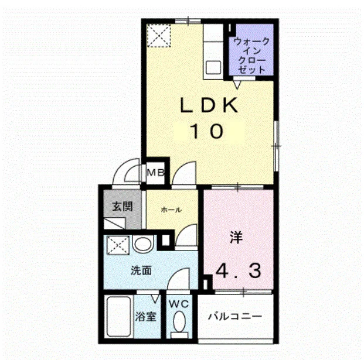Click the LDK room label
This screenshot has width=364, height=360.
pyautogui.click(x=209, y=105)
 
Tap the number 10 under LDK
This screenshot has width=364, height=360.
pyautogui.click(x=206, y=132)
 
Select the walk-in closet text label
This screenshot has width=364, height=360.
pyautogui.click(x=251, y=56)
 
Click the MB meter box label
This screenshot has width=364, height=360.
pyautogui.click(x=156, y=172)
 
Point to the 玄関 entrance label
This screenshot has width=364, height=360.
pyautogui.click(x=123, y=206)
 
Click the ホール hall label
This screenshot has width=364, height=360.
pyautogui.click(x=171, y=210)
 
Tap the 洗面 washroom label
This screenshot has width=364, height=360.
pyautogui.click(x=141, y=270)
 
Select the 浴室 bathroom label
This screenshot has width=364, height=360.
pyautogui.click(x=145, y=317)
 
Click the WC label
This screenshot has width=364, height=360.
pyautogui.click(x=179, y=304)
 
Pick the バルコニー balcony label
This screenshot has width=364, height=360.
pyautogui.click(x=235, y=316)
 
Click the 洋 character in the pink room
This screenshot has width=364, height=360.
pyautogui.click(x=236, y=237)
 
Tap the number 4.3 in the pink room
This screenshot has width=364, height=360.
pyautogui.click(x=238, y=271)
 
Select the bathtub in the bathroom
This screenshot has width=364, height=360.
pyautogui.click(x=118, y=316)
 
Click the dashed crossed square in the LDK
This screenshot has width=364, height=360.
pyautogui.click(x=159, y=36)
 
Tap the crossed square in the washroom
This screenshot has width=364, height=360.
pyautogui.click(x=117, y=245)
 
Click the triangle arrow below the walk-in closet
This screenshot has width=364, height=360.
pyautogui.click(x=237, y=85)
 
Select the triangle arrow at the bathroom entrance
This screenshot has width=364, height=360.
pyautogui.click(x=155, y=299)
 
